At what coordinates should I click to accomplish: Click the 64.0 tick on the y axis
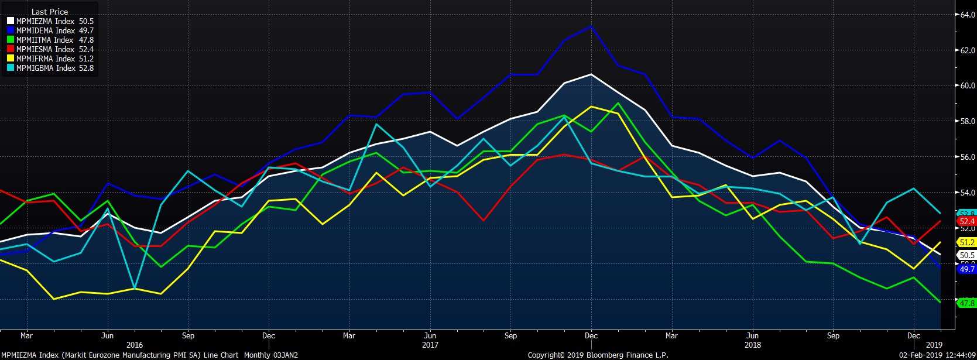coord(967,15)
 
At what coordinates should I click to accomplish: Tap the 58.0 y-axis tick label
coord(967,121)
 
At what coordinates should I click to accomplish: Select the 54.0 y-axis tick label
coord(967,193)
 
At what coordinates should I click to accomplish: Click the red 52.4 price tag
coord(966,221)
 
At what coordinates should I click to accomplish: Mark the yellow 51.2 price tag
coord(966,242)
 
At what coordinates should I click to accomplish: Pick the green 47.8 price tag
coord(966,303)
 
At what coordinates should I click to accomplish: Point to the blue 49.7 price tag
coord(966,269)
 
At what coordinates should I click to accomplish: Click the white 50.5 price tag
coord(966,255)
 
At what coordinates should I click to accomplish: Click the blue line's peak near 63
coord(591,26)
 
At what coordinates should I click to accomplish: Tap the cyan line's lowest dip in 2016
coord(135,288)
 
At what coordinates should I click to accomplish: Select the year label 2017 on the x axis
coord(430,345)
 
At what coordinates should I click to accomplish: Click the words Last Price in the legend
coord(50,12)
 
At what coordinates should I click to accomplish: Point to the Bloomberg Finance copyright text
coord(598,355)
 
